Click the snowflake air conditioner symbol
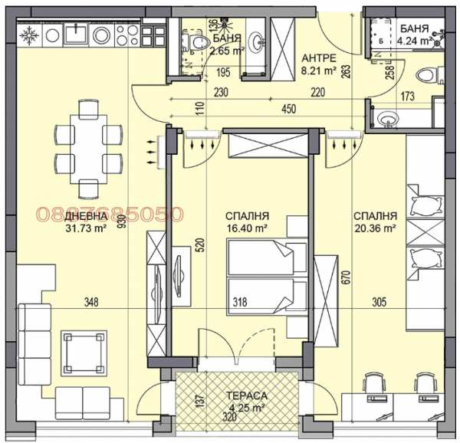(x=30, y=36)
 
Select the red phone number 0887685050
(x=110, y=215)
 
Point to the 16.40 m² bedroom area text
(x=245, y=228)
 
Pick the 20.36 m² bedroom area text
(x=375, y=228)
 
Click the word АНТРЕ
(x=318, y=57)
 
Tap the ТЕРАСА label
(x=247, y=395)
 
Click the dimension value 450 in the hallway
(x=288, y=109)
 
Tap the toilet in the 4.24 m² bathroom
(x=426, y=75)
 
